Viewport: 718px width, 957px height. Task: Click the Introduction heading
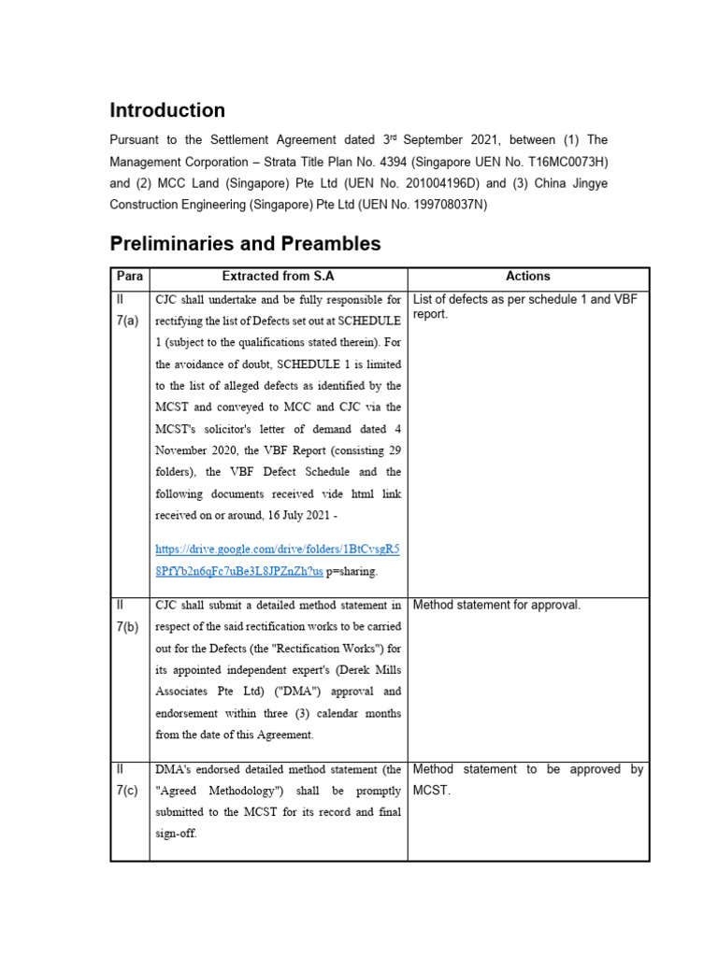(x=167, y=110)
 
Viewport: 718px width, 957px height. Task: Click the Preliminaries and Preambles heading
(x=245, y=244)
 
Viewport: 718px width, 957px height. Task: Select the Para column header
(x=129, y=277)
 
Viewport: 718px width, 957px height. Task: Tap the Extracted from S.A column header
(x=278, y=277)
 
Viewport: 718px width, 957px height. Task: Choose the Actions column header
(x=528, y=277)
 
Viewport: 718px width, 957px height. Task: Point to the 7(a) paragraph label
(x=129, y=321)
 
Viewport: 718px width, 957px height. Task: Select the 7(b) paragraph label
(x=129, y=626)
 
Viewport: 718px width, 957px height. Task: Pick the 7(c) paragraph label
(x=129, y=791)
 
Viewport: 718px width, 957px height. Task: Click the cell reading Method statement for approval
(x=496, y=606)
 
